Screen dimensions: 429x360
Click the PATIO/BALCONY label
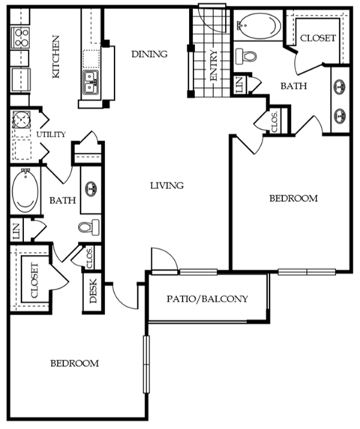click(207, 298)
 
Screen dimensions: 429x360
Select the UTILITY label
click(51, 134)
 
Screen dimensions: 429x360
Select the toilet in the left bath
click(88, 226)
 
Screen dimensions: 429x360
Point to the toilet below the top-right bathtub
click(246, 56)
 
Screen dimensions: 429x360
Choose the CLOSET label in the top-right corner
click(317, 37)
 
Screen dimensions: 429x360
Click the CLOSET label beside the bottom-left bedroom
click(34, 280)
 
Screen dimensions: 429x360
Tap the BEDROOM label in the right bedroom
click(293, 199)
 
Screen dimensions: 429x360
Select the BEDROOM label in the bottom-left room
click(74, 363)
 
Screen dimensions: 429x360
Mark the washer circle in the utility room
click(22, 123)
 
